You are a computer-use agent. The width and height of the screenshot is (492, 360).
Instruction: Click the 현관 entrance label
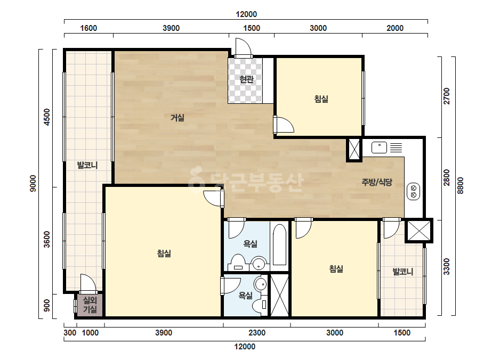point(246,79)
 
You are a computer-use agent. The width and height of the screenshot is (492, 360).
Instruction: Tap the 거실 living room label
point(178,118)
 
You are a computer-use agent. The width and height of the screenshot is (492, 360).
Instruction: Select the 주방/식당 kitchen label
point(377,182)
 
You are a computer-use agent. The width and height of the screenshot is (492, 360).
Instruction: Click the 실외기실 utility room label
point(90,305)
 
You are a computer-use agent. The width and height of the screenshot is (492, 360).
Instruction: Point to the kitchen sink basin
point(379,148)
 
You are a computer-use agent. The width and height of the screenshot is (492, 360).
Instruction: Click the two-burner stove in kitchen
point(413,191)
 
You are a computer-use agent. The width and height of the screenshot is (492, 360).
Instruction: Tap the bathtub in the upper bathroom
point(279,244)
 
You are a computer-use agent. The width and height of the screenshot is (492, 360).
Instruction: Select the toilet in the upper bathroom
point(238,263)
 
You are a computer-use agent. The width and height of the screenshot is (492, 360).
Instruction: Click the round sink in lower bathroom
point(260,284)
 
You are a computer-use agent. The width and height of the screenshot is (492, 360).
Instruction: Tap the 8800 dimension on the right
point(461,186)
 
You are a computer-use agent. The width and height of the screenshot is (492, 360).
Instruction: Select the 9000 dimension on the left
point(33,183)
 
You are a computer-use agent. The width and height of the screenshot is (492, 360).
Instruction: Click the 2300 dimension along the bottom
point(257,333)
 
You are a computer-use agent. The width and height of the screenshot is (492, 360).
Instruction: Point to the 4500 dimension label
point(46,117)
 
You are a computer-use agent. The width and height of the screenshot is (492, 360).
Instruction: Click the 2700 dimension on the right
point(447,96)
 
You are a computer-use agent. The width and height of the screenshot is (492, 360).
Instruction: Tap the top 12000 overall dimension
point(246,14)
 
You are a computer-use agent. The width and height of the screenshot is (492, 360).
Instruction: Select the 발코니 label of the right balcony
point(403,272)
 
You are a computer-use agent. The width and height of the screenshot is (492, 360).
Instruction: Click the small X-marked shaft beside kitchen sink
point(354,150)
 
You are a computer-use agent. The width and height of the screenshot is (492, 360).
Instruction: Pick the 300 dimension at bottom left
point(70,333)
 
